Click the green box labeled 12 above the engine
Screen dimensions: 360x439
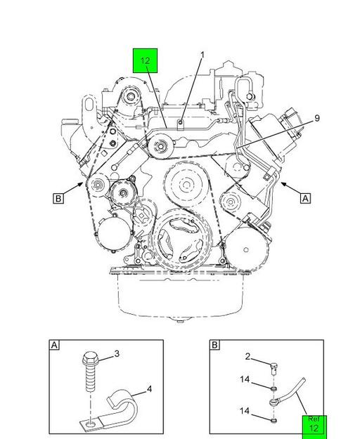(x=145, y=60)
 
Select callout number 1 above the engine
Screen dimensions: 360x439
(x=202, y=55)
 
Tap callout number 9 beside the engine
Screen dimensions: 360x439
(x=317, y=118)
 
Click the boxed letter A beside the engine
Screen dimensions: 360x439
(x=305, y=199)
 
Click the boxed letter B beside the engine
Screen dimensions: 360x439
(x=58, y=199)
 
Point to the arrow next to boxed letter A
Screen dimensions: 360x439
(x=290, y=188)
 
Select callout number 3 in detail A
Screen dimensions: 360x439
(x=117, y=354)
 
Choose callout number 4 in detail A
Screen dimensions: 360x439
(x=149, y=389)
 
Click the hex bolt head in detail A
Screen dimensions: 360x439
(x=90, y=359)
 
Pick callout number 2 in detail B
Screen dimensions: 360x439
(x=247, y=356)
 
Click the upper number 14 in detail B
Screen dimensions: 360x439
(x=245, y=379)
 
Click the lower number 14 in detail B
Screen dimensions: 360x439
(x=245, y=411)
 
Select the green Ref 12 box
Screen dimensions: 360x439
(x=314, y=427)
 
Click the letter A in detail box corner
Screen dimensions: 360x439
(x=54, y=345)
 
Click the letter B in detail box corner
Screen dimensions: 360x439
(x=214, y=345)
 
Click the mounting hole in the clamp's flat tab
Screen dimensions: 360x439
(x=90, y=425)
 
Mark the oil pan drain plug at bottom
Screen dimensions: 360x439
(x=179, y=320)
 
